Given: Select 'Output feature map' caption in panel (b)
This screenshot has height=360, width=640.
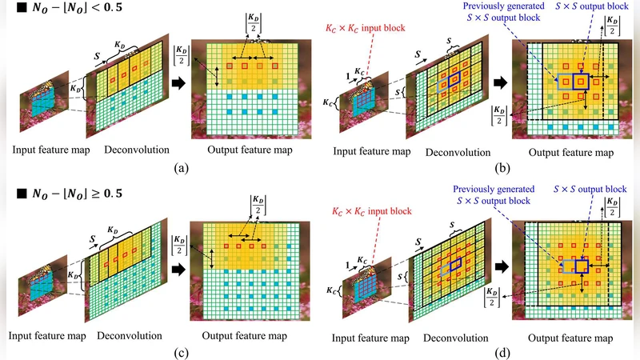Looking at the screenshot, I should tap(572, 151).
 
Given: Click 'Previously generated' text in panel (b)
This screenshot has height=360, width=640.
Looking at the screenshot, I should tap(496, 8).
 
